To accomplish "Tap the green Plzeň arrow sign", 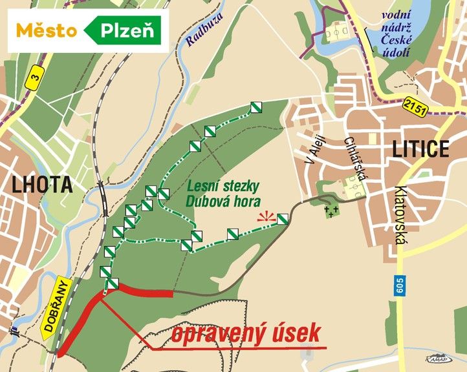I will [x=125, y=30].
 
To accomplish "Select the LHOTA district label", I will [x=40, y=185].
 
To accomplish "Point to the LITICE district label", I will [x=420, y=149].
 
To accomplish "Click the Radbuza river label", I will [x=199, y=32].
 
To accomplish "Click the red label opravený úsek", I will [x=246, y=334].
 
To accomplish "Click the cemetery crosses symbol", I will [x=332, y=211].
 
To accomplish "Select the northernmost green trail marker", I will [x=257, y=108].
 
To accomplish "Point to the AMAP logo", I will [x=438, y=357].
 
